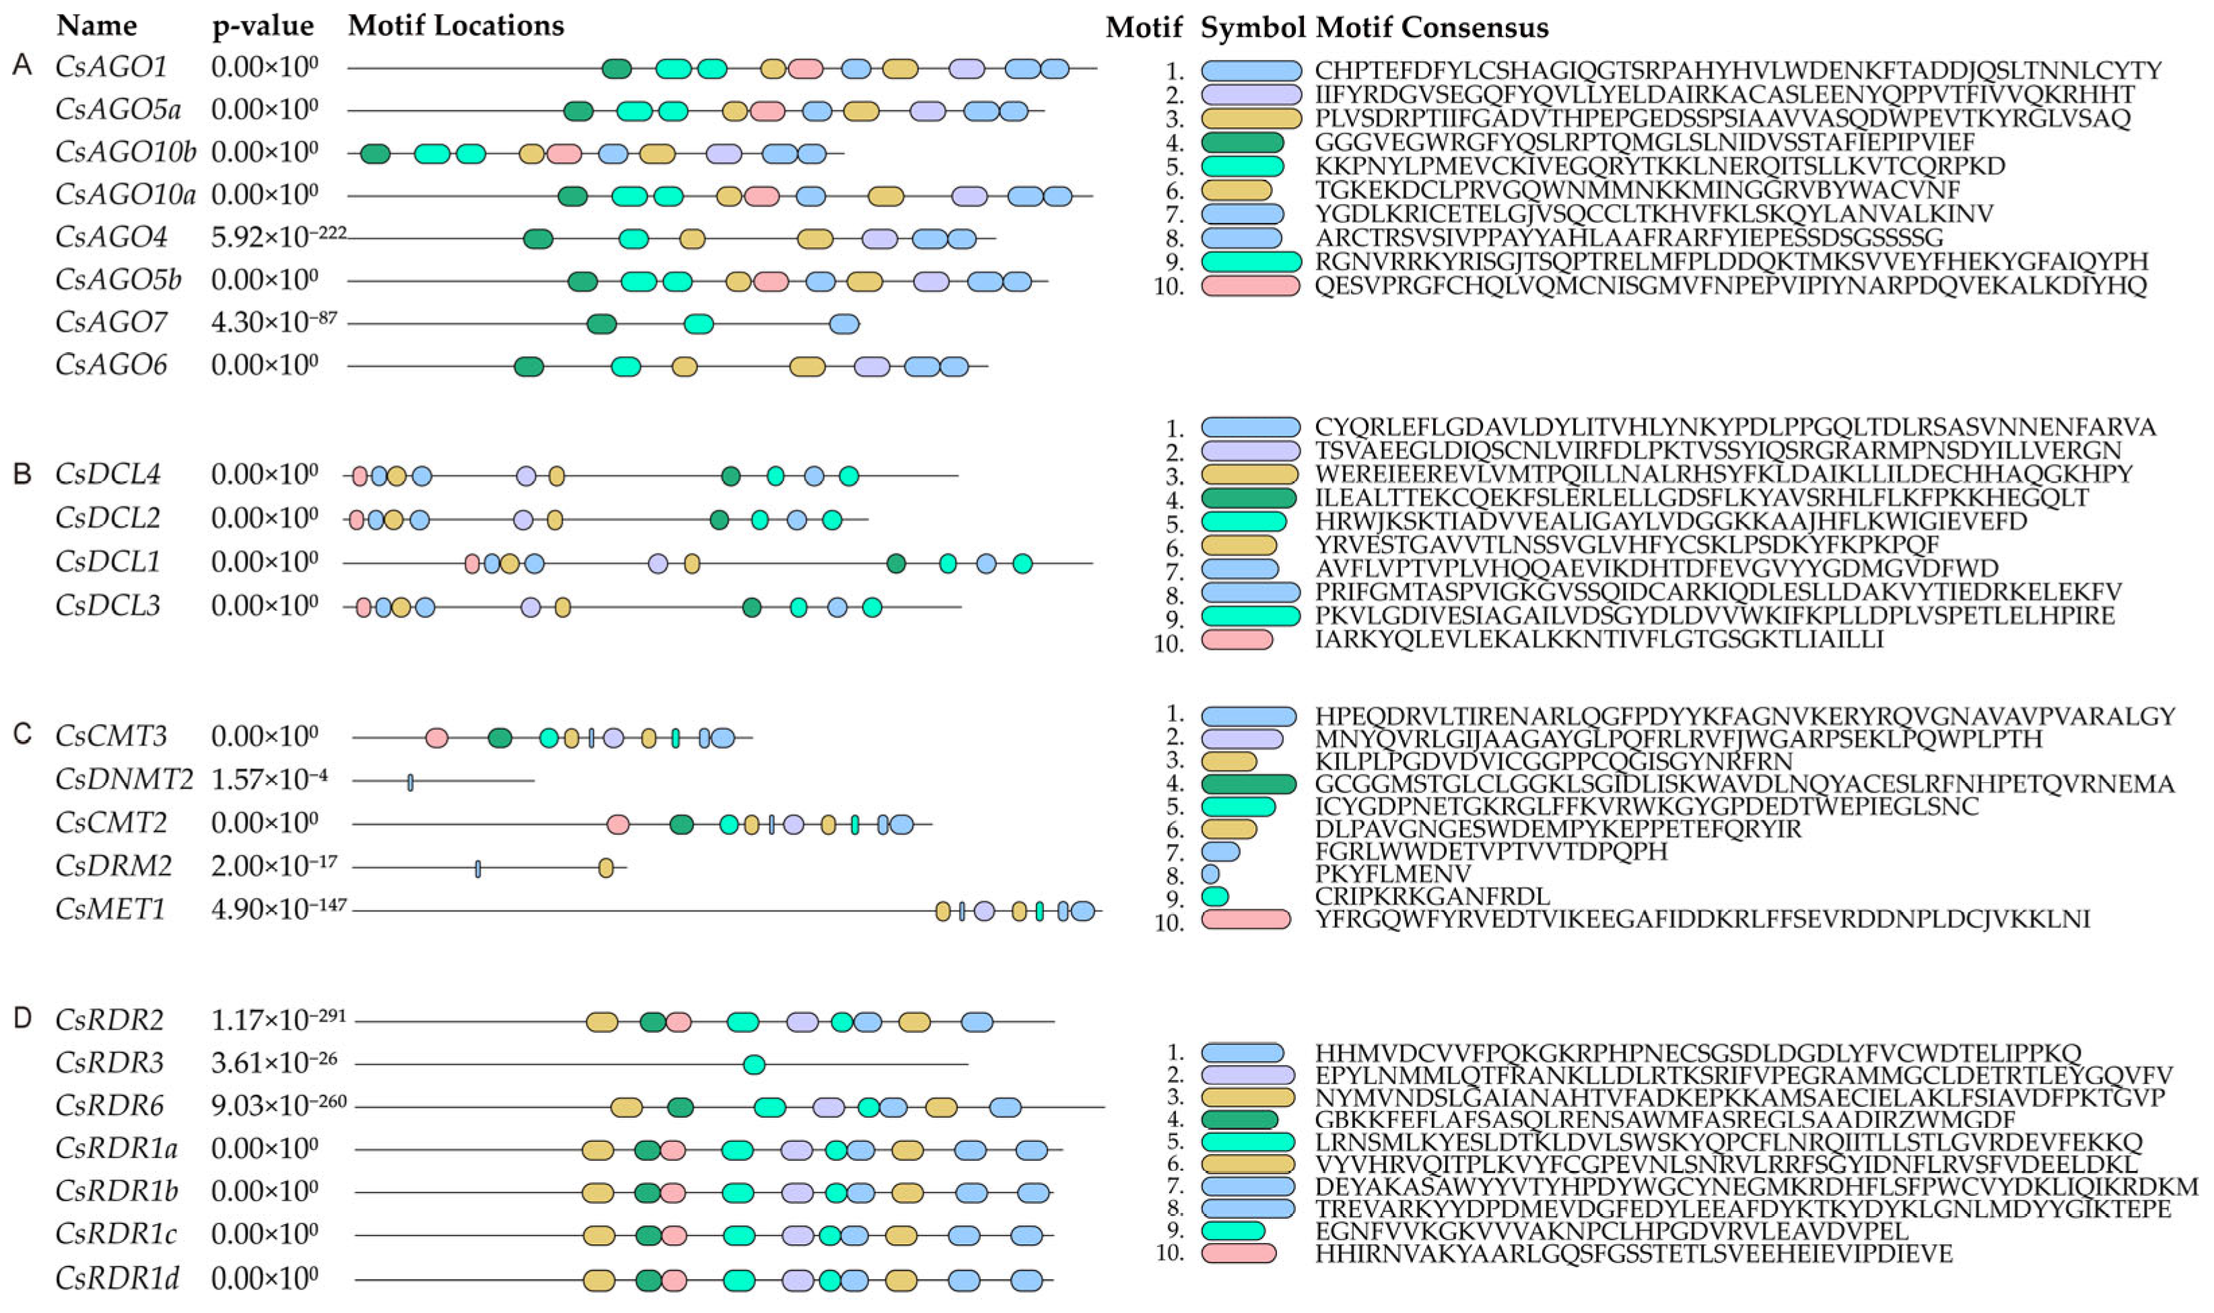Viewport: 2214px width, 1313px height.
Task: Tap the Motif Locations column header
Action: pyautogui.click(x=456, y=26)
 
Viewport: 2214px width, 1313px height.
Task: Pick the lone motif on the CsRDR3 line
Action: pyautogui.click(x=754, y=1065)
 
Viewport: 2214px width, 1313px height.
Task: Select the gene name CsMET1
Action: pyautogui.click(x=110, y=910)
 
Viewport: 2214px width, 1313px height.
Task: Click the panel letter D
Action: pyautogui.click(x=22, y=1018)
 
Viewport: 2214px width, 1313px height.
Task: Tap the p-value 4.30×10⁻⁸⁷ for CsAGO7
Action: pyautogui.click(x=273, y=322)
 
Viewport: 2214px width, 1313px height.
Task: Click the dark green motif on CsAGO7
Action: pyautogui.click(x=602, y=324)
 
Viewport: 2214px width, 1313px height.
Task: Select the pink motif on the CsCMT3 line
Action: pyautogui.click(x=436, y=738)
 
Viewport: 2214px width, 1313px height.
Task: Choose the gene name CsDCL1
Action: pyautogui.click(x=107, y=562)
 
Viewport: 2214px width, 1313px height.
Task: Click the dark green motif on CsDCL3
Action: pyautogui.click(x=752, y=608)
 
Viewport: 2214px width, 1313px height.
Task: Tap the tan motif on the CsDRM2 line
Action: pyautogui.click(x=606, y=867)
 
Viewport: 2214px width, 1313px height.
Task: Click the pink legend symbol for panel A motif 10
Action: pyautogui.click(x=1250, y=285)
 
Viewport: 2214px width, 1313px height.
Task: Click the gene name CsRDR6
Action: pyautogui.click(x=110, y=1105)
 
